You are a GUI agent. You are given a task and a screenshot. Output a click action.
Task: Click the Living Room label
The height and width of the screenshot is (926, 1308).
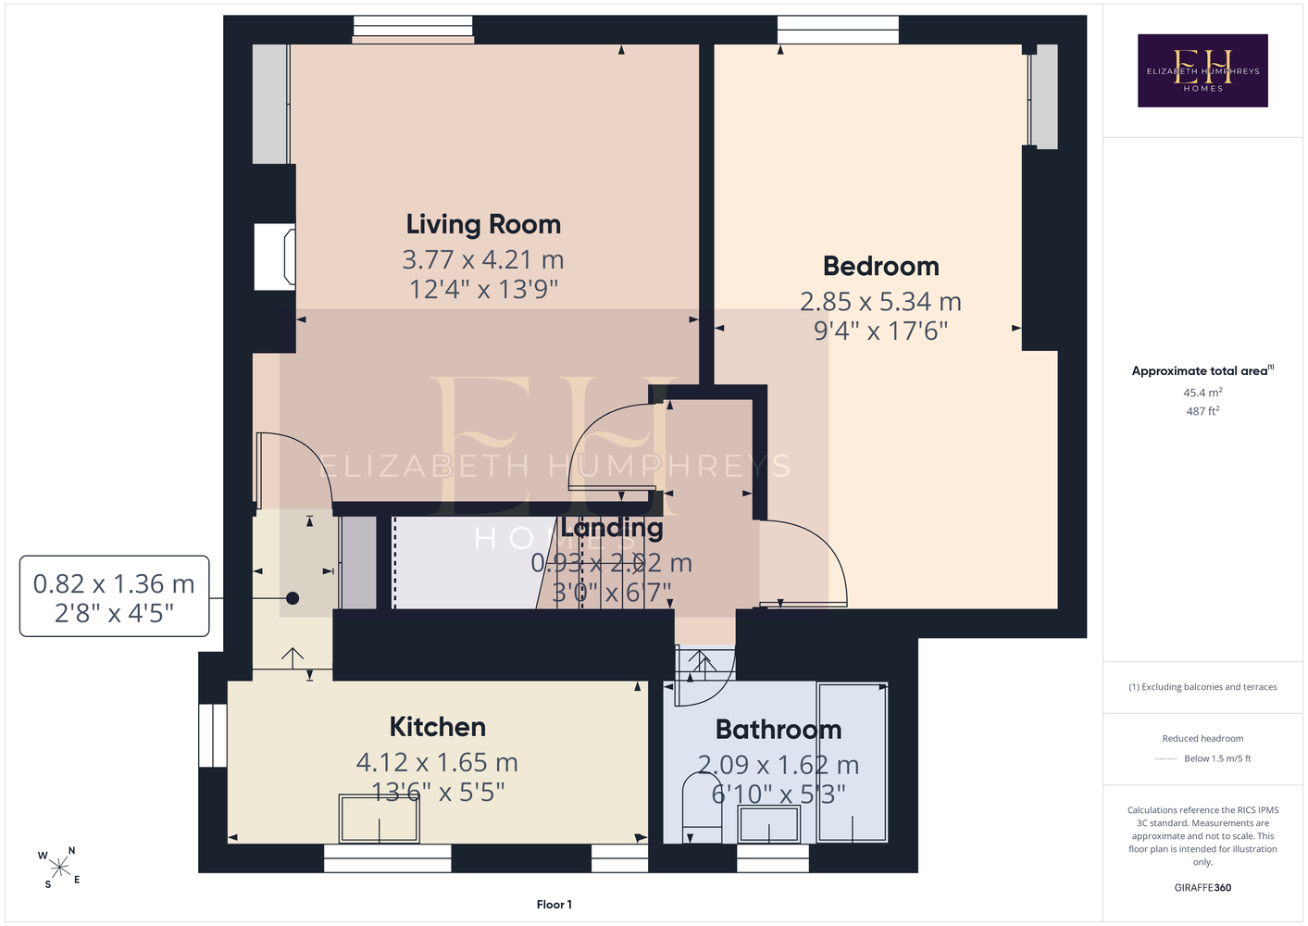pos(483,224)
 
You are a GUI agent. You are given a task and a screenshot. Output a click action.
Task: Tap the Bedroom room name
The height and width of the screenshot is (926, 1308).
pos(880,267)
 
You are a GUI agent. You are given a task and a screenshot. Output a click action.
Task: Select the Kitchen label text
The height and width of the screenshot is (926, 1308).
pos(437,727)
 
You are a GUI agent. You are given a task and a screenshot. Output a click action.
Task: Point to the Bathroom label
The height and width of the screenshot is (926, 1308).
pos(779,730)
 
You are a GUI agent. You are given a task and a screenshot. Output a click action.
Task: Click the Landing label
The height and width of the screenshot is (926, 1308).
pos(612,528)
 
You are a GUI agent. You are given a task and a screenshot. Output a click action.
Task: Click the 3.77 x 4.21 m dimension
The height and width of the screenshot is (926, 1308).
pos(483,260)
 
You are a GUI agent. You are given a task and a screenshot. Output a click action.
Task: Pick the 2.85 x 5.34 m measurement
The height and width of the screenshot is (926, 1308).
pos(880,302)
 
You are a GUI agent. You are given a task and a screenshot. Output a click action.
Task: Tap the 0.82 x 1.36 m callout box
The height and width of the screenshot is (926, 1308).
pos(115,596)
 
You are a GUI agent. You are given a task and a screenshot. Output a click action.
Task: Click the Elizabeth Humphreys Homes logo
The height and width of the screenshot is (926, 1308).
pos(1202,70)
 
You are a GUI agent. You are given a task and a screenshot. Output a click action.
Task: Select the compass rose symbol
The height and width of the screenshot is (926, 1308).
pos(59,868)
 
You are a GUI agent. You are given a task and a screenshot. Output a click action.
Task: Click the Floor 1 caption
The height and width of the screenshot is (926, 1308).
pos(554,905)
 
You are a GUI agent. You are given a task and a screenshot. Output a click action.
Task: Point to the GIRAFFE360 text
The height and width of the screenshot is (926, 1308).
pos(1202,887)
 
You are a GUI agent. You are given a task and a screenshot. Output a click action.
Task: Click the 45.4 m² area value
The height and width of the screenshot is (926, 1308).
pos(1202,392)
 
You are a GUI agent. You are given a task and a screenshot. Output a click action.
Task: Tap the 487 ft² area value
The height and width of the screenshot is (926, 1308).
pos(1202,411)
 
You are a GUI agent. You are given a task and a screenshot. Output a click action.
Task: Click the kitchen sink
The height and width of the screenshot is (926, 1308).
pos(379,818)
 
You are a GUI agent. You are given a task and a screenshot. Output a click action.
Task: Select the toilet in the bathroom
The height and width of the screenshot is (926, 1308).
pos(702,807)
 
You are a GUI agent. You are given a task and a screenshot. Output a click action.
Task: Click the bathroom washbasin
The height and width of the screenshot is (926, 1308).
pos(768,824)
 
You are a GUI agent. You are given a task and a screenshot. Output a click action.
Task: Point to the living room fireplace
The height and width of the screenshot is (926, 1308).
pos(274,257)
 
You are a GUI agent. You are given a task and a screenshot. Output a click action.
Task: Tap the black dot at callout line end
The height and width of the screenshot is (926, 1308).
pos(293,598)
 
